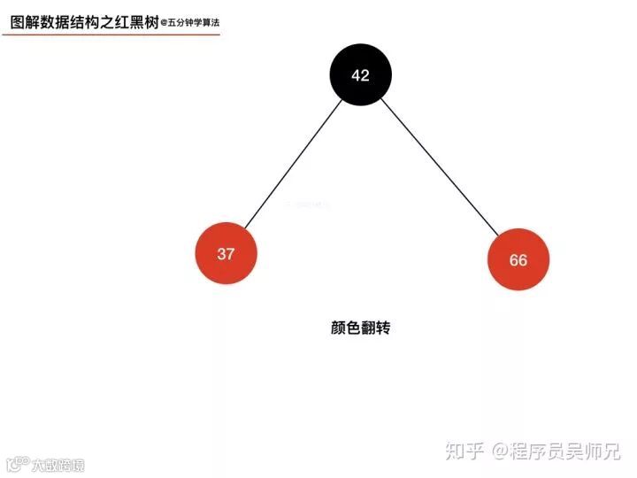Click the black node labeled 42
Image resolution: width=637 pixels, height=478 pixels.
[x=360, y=75]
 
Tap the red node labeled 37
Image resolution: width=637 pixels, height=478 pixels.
[x=226, y=254]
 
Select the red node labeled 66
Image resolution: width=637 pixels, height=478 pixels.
[x=518, y=259]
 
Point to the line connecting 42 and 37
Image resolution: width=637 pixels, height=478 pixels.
[x=294, y=165]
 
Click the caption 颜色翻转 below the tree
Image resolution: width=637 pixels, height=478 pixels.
[x=360, y=328]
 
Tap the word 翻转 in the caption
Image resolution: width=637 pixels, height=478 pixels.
[x=375, y=328]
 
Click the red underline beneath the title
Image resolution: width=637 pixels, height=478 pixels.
[x=111, y=35]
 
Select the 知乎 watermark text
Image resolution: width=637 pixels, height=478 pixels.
[x=464, y=451]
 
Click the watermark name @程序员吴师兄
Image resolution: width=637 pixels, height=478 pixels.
[x=556, y=451]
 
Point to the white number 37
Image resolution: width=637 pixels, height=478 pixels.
[x=226, y=254]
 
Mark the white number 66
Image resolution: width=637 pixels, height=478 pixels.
[x=518, y=260]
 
